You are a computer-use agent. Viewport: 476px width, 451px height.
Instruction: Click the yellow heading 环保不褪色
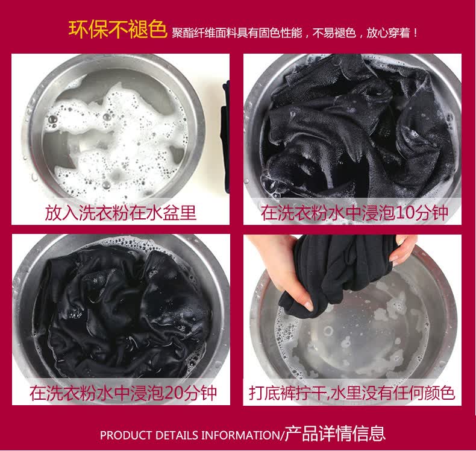point(117,30)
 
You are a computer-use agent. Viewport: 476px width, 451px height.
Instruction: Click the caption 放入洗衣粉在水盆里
point(121,213)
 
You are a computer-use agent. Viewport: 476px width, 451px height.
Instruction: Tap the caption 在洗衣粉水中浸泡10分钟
point(354,213)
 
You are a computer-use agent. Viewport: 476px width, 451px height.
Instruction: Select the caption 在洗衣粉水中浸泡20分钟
point(124,393)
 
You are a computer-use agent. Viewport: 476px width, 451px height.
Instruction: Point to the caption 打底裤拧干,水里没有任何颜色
point(352,393)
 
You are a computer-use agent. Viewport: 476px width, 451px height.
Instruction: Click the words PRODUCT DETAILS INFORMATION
point(190,435)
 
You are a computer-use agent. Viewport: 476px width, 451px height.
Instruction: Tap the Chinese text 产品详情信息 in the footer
point(335,434)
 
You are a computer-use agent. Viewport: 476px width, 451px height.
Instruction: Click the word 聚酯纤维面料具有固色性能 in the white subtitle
point(237,33)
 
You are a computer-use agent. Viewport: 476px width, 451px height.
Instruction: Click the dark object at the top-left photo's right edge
point(225,137)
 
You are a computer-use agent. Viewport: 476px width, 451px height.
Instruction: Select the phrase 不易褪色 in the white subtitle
point(334,33)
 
